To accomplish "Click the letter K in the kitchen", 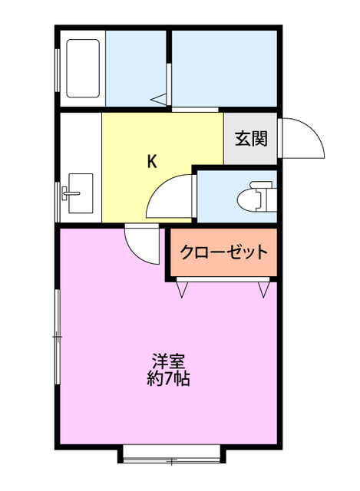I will [x=152, y=161].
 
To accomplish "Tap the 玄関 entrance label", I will [x=251, y=139].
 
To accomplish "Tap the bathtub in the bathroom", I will [x=82, y=68].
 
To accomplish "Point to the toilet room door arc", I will [x=169, y=196].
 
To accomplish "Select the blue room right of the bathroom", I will [x=223, y=68].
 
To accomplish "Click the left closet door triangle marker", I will [x=183, y=289].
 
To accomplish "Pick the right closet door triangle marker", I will [x=264, y=289].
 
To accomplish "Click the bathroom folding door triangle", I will [x=160, y=97].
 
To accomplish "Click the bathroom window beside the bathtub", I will [x=58, y=68].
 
